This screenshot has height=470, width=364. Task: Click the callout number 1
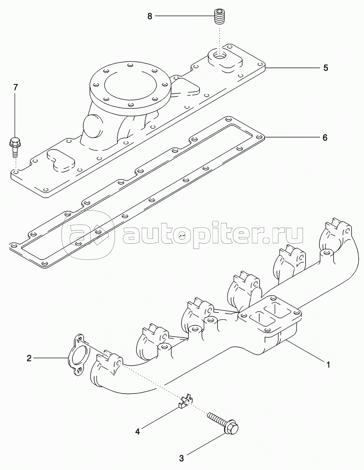[328, 365]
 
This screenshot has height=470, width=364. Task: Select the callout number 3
[181, 458]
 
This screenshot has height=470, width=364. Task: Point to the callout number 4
[138, 432]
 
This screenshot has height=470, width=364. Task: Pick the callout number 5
[326, 68]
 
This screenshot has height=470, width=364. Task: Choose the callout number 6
[325, 137]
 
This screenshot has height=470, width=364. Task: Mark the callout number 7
[15, 87]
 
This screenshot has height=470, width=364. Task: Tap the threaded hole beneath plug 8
[219, 55]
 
